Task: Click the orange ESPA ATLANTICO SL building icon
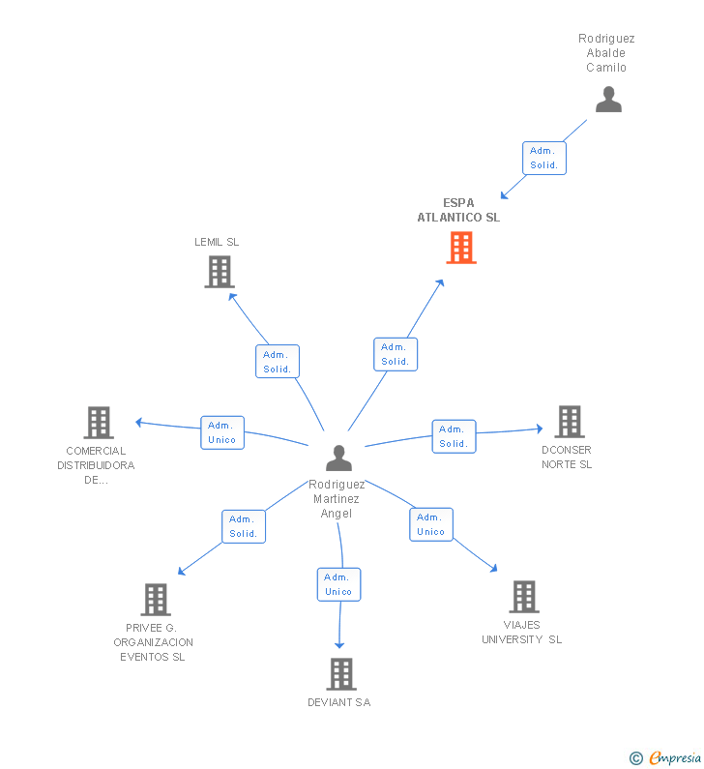coord(461,248)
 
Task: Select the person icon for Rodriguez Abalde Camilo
coord(608,100)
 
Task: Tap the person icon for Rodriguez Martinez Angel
coord(338,458)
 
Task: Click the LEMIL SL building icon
coord(220,272)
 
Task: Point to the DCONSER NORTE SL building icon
coord(570,422)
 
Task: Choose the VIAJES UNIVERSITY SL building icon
coord(524,597)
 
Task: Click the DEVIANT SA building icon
coord(341,674)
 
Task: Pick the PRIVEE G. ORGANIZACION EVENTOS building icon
coord(156,600)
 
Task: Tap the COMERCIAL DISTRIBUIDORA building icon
coord(99,423)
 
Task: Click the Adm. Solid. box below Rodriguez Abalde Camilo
coord(544,158)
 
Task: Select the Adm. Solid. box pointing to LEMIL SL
coord(278,362)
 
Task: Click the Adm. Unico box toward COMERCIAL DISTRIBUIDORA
coord(222,432)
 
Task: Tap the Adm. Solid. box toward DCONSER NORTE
coord(454,436)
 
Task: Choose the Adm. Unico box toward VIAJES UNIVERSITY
coord(431,524)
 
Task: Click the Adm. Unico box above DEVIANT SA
coord(338,584)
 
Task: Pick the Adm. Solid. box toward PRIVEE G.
coord(244,526)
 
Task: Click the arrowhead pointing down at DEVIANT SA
coord(339,645)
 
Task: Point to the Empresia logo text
coord(675,757)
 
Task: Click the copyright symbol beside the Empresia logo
coord(636,758)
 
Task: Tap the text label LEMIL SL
coord(217,242)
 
